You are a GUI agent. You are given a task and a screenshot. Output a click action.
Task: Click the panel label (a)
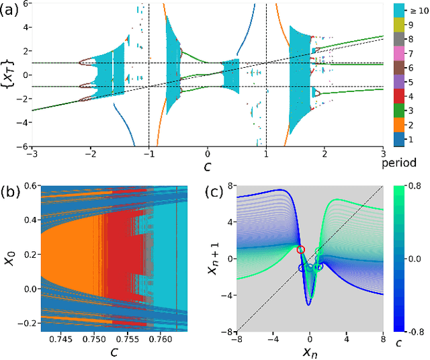pyautogui.click(x=10, y=9)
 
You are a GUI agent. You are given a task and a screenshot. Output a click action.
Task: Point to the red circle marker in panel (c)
pyautogui.click(x=300, y=250)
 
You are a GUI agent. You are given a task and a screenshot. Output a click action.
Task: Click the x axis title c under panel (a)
pyautogui.click(x=207, y=166)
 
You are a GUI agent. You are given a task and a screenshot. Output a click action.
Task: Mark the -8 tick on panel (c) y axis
pyautogui.click(x=228, y=331)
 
